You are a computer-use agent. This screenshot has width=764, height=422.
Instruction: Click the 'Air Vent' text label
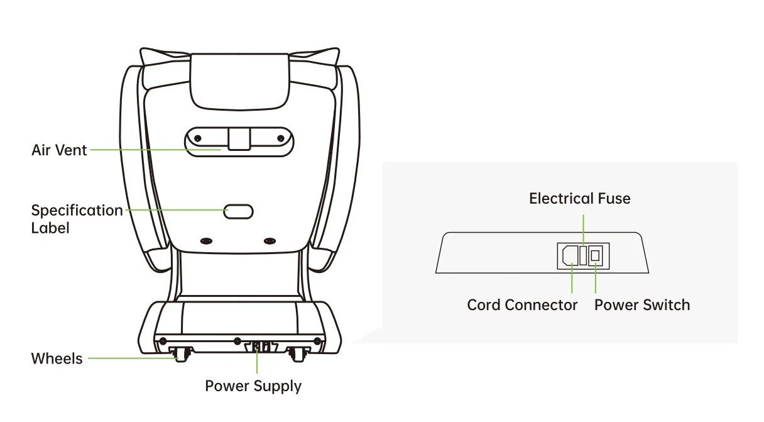pos(59,150)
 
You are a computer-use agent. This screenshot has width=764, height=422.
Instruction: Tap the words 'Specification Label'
pos(77,218)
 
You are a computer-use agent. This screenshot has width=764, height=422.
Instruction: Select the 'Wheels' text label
pos(57,358)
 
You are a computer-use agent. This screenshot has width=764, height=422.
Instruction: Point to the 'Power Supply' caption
pos(253,386)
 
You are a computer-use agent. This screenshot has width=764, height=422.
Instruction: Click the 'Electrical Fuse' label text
pos(579,199)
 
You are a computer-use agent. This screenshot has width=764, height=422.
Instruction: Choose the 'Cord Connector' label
pos(522,305)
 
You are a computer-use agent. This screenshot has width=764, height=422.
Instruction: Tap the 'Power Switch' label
pos(642,305)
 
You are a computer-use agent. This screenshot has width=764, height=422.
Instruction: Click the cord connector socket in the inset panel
pos(570,255)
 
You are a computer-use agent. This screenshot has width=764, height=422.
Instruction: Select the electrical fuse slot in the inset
pos(583,255)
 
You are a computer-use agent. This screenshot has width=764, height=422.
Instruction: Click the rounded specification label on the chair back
pos(239,211)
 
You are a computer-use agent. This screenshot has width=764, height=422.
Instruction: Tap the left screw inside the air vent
pos(197,138)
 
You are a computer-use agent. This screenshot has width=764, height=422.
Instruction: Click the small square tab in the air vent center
pos(239,139)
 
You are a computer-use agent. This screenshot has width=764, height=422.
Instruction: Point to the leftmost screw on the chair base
pos(163,341)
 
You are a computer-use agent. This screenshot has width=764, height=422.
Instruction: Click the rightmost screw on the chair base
pos(317,341)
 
